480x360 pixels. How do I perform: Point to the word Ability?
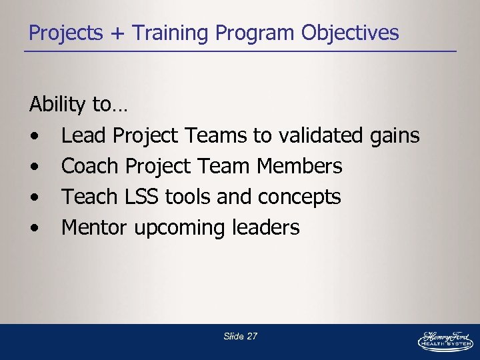tap(57, 105)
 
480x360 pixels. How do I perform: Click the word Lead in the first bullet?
tap(84, 135)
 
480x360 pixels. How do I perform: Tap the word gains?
tap(395, 137)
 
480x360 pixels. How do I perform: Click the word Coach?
tap(90, 166)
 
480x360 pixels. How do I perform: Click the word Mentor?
tap(95, 227)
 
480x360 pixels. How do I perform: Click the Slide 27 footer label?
tap(240, 336)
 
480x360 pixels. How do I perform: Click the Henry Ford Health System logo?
tap(445, 340)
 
